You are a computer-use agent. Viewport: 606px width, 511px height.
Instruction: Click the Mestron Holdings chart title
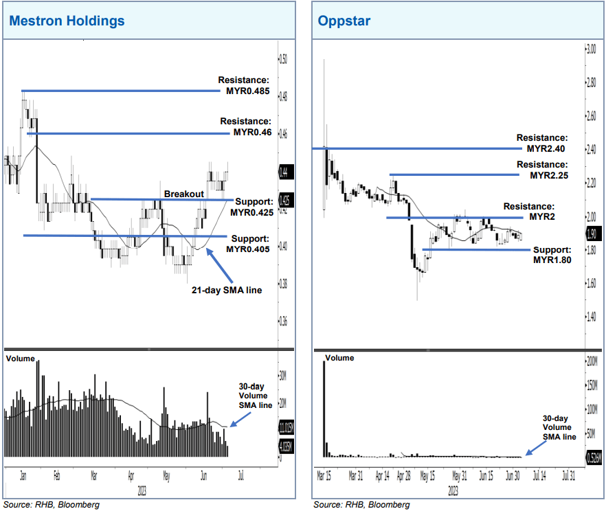(67, 21)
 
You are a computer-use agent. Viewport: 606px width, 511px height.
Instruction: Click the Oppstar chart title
(344, 21)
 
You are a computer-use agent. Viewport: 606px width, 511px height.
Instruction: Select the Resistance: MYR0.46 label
(247, 126)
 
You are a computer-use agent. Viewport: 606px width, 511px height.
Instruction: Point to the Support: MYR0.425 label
(254, 207)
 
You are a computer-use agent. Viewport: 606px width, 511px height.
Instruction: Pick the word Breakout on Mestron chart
(183, 194)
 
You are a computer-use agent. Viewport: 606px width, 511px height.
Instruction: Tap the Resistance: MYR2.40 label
(542, 143)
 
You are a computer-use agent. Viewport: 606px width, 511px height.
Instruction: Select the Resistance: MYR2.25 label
(542, 170)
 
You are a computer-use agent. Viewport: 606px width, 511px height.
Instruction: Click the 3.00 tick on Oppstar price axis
(590, 49)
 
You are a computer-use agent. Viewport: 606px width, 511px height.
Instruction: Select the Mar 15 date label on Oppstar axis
(324, 475)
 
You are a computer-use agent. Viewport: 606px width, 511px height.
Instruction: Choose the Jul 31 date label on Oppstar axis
(570, 475)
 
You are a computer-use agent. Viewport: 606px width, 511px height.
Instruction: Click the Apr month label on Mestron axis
(131, 475)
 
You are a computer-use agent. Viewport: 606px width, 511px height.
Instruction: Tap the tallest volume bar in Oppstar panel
(324, 409)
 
